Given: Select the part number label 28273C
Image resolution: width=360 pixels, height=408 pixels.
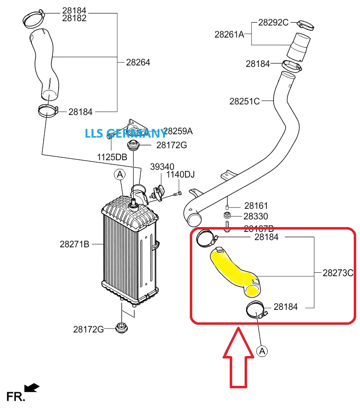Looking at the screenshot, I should click(x=338, y=273).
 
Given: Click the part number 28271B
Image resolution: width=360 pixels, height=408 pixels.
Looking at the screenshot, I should click(x=74, y=244).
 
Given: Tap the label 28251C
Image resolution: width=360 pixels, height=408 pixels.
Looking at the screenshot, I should click(x=244, y=102).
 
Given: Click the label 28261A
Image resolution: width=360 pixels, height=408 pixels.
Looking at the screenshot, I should click(x=229, y=34).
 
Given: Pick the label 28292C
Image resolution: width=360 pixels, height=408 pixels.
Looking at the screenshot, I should click(x=273, y=22).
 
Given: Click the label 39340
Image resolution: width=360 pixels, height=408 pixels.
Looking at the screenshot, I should click(x=162, y=166).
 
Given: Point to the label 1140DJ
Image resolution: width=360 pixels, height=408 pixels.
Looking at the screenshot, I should click(x=180, y=175).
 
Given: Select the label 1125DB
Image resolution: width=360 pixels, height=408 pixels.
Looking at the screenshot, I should click(x=112, y=157).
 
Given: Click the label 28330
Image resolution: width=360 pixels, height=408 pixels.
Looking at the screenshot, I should click(x=256, y=217).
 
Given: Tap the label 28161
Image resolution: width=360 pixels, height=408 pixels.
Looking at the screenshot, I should click(x=256, y=205).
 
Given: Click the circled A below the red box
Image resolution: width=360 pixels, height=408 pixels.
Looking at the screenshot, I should click(x=262, y=352).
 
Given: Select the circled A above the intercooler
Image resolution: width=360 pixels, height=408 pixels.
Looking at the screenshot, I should click(x=119, y=175).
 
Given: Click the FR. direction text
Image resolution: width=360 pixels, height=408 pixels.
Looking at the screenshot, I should click(x=15, y=396).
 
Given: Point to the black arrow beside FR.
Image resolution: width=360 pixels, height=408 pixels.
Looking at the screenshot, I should click(x=32, y=387).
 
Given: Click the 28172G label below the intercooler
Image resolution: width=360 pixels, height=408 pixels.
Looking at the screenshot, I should click(x=88, y=329).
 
